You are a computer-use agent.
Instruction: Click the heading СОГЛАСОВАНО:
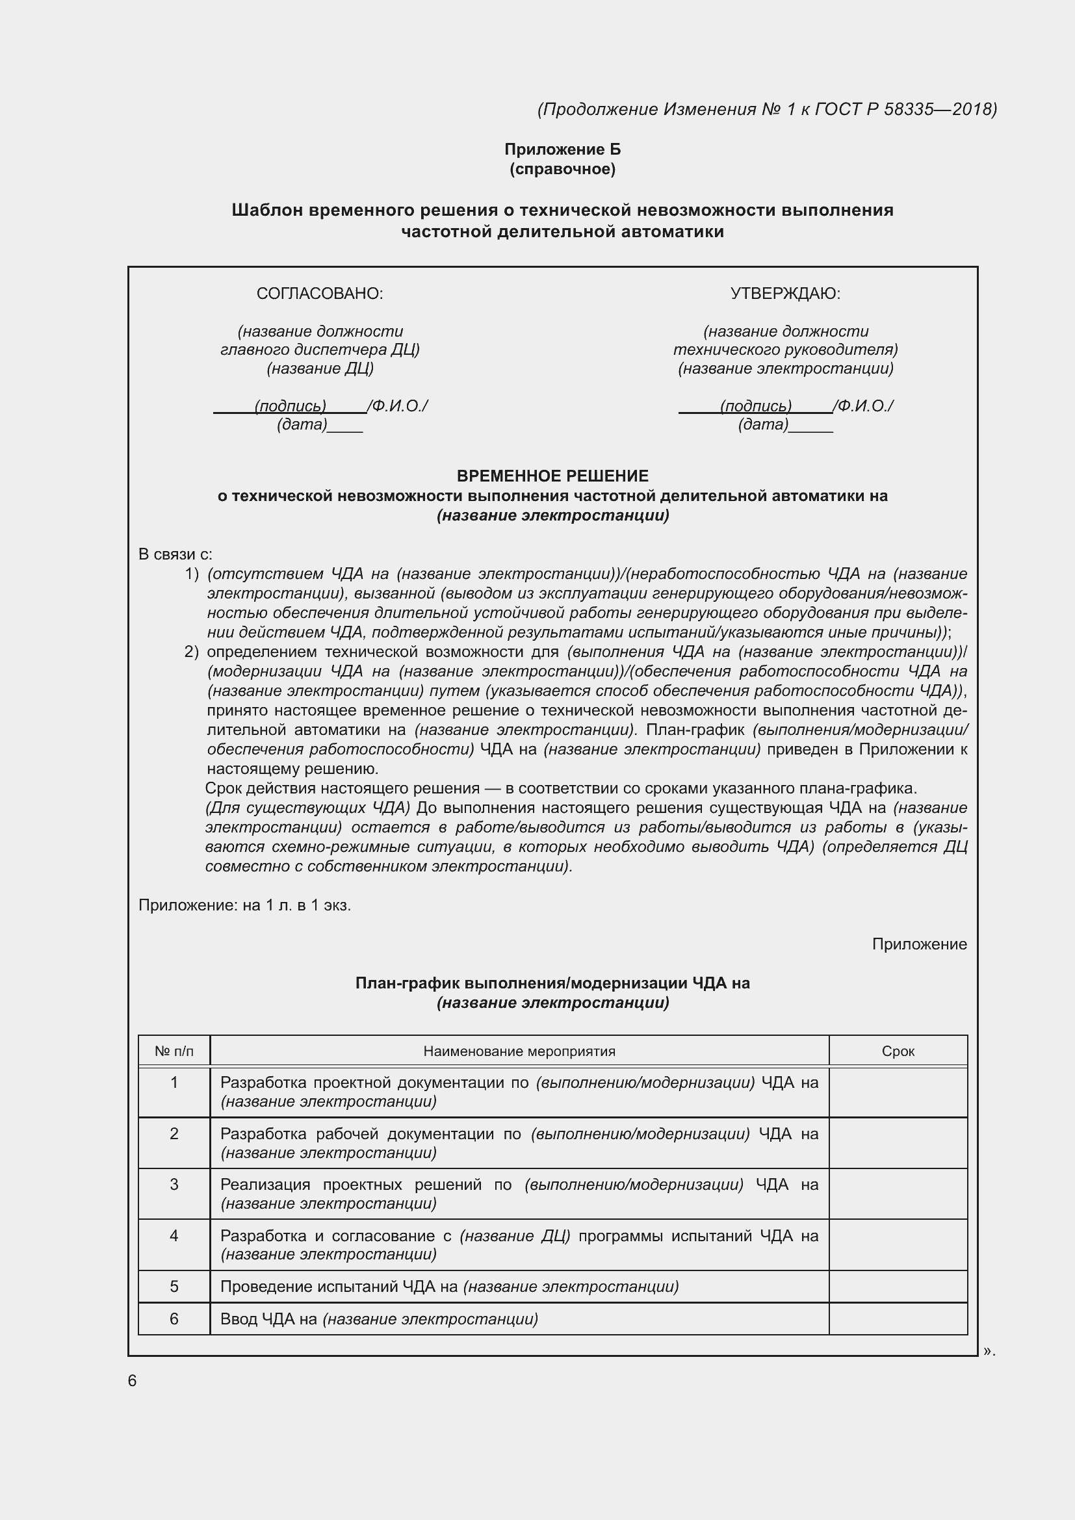tap(320, 293)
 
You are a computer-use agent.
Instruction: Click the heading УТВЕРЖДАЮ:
tap(785, 293)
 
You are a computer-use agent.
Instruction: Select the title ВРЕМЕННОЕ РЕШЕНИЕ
tap(552, 476)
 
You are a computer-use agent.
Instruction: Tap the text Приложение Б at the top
tap(562, 149)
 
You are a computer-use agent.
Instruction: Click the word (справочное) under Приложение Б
tap(562, 170)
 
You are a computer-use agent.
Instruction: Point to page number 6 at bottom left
tap(133, 1380)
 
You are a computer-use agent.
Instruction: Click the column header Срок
tap(898, 1051)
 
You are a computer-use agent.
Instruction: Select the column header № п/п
tap(174, 1051)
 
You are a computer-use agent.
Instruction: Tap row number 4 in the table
tap(174, 1235)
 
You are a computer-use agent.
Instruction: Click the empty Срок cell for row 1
tap(898, 1092)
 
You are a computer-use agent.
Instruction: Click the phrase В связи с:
tap(175, 554)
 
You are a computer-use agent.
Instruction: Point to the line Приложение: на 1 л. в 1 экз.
tap(244, 905)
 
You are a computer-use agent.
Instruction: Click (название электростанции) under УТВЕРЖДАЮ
tap(785, 368)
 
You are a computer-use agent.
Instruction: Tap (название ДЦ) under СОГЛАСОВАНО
tap(320, 368)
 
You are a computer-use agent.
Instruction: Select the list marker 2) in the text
tap(191, 652)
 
